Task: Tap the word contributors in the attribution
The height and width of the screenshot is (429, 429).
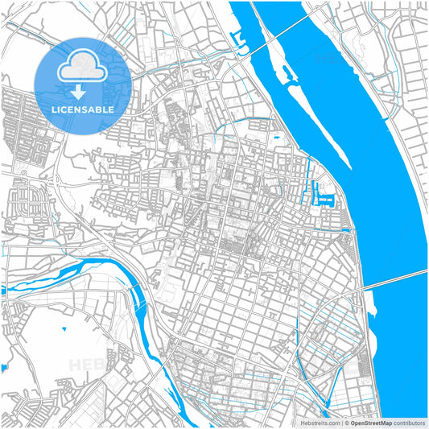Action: pyautogui.click(x=409, y=423)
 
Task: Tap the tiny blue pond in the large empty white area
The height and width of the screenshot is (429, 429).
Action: pyautogui.click(x=64, y=329)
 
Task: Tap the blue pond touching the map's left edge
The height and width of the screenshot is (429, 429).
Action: pyautogui.click(x=3, y=368)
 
